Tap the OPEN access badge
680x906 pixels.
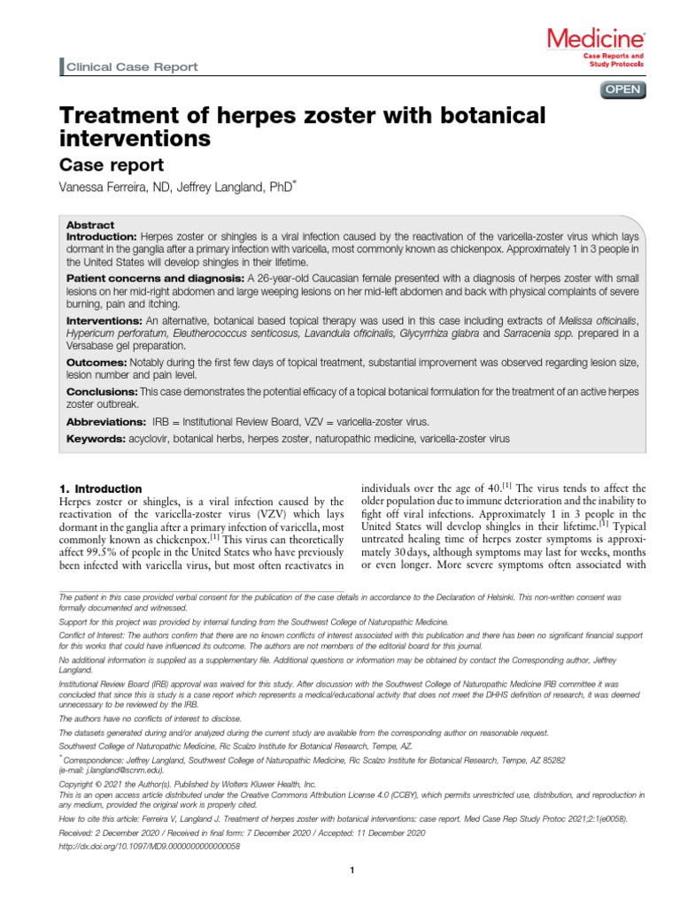click(622, 89)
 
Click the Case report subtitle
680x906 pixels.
click(112, 165)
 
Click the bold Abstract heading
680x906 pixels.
click(91, 226)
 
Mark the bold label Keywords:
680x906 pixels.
click(96, 439)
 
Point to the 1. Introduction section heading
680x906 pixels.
click(100, 488)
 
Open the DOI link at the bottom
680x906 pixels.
click(149, 846)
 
